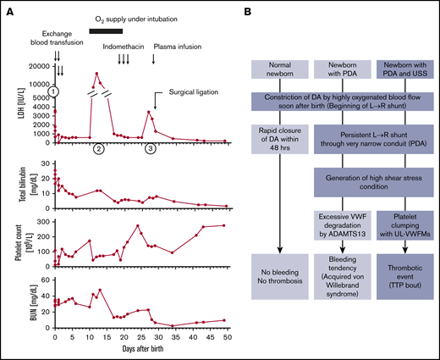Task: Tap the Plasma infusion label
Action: (173, 47)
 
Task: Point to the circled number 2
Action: (98, 149)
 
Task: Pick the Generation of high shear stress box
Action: (369, 180)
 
